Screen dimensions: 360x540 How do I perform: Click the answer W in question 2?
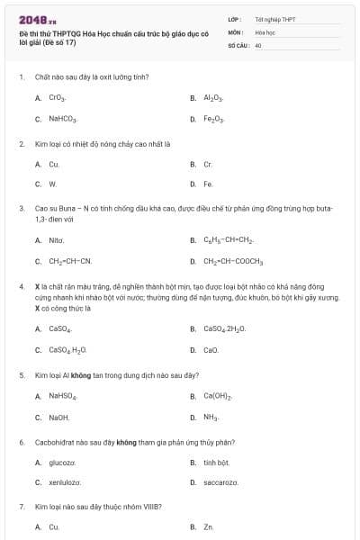[52, 184]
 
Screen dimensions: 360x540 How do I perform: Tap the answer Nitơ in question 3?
[57, 240]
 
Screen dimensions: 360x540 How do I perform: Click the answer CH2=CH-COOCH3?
[232, 262]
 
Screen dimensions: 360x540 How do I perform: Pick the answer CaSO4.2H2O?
[224, 328]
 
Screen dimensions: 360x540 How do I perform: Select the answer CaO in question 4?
[211, 350]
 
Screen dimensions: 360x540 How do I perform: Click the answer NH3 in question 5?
[211, 418]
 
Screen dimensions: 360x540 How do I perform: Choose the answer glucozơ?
[61, 463]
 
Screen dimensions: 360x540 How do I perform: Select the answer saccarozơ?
[220, 483]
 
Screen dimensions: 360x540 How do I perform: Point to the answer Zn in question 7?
[208, 527]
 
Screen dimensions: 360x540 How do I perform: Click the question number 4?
[22, 286]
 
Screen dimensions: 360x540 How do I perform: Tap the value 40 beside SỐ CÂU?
[258, 44]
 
